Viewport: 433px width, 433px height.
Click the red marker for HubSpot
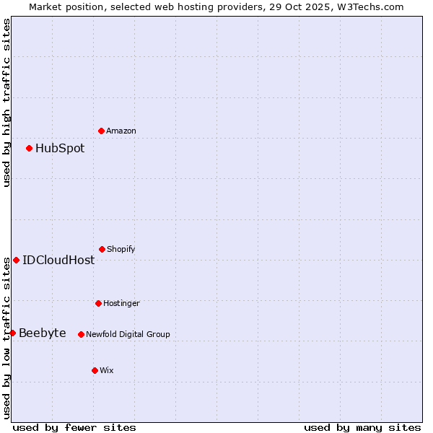[29, 148]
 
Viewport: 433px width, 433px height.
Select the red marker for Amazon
[101, 131]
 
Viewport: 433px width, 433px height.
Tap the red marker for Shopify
[102, 249]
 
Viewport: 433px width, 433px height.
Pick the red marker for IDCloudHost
[16, 260]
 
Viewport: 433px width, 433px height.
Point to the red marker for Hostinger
[98, 303]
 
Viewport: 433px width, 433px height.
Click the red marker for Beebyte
[12, 333]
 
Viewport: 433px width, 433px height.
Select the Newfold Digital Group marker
[81, 334]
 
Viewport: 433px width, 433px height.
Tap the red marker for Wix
[95, 370]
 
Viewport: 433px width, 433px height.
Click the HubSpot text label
[60, 149]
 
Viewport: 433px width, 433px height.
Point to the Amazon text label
[121, 131]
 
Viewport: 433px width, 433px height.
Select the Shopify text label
[121, 250]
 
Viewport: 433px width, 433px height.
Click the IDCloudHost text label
[58, 261]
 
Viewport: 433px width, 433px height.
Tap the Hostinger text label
[121, 304]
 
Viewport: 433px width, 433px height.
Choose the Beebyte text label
[43, 333]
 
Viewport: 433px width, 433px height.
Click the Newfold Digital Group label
[128, 335]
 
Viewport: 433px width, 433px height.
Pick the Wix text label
[107, 371]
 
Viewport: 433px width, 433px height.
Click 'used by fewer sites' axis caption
[74, 428]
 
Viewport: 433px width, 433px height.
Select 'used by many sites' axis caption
[362, 428]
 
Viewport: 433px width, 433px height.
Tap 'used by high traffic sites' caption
[6, 102]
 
